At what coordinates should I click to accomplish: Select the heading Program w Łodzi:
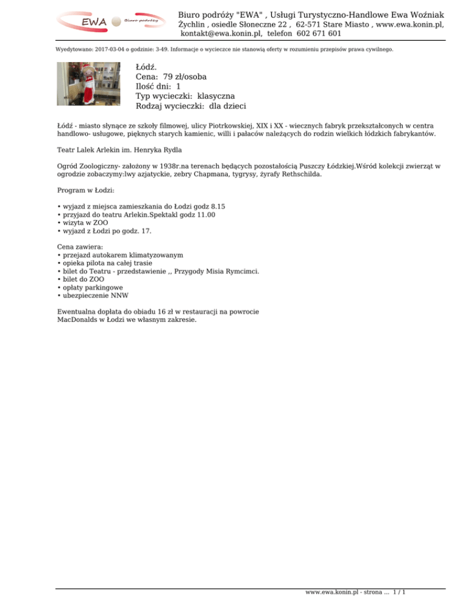(85, 190)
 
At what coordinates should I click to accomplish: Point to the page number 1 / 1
(400, 591)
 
